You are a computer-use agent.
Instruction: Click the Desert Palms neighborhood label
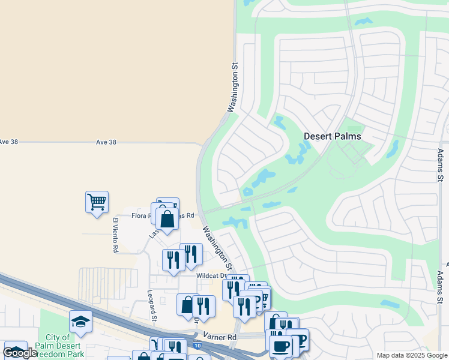(x=332, y=136)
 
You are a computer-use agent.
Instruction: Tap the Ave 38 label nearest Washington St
(x=106, y=142)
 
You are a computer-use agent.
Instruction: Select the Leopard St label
(x=152, y=305)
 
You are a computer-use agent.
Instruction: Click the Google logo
(x=20, y=353)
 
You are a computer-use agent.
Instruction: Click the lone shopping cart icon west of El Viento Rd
(x=97, y=202)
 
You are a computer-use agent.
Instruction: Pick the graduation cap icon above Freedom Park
(x=80, y=322)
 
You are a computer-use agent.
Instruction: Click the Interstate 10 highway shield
(x=198, y=346)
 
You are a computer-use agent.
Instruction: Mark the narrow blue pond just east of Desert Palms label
(x=393, y=148)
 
